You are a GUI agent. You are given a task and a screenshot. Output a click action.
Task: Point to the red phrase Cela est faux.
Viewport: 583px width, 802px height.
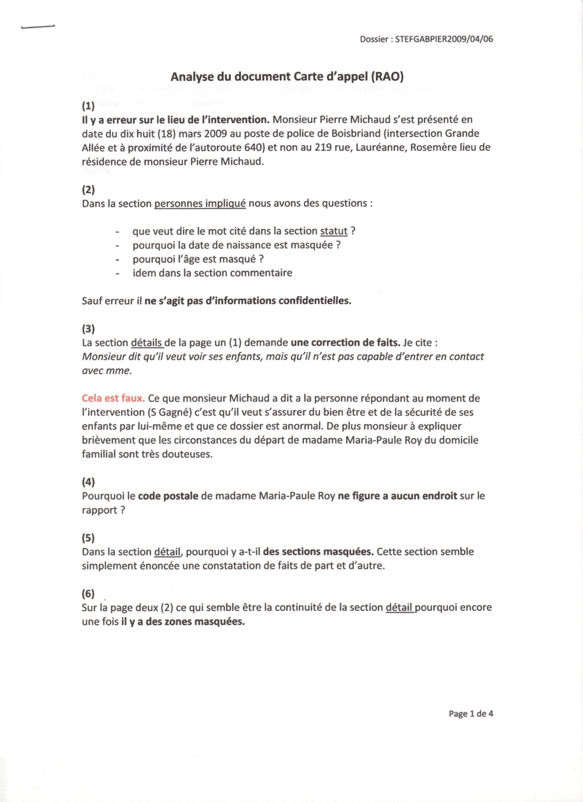pyautogui.click(x=113, y=399)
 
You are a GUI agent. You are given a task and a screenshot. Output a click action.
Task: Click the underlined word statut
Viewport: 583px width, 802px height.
pyautogui.click(x=334, y=231)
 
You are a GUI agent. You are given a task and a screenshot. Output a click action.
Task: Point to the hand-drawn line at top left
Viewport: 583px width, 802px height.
pyautogui.click(x=38, y=27)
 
